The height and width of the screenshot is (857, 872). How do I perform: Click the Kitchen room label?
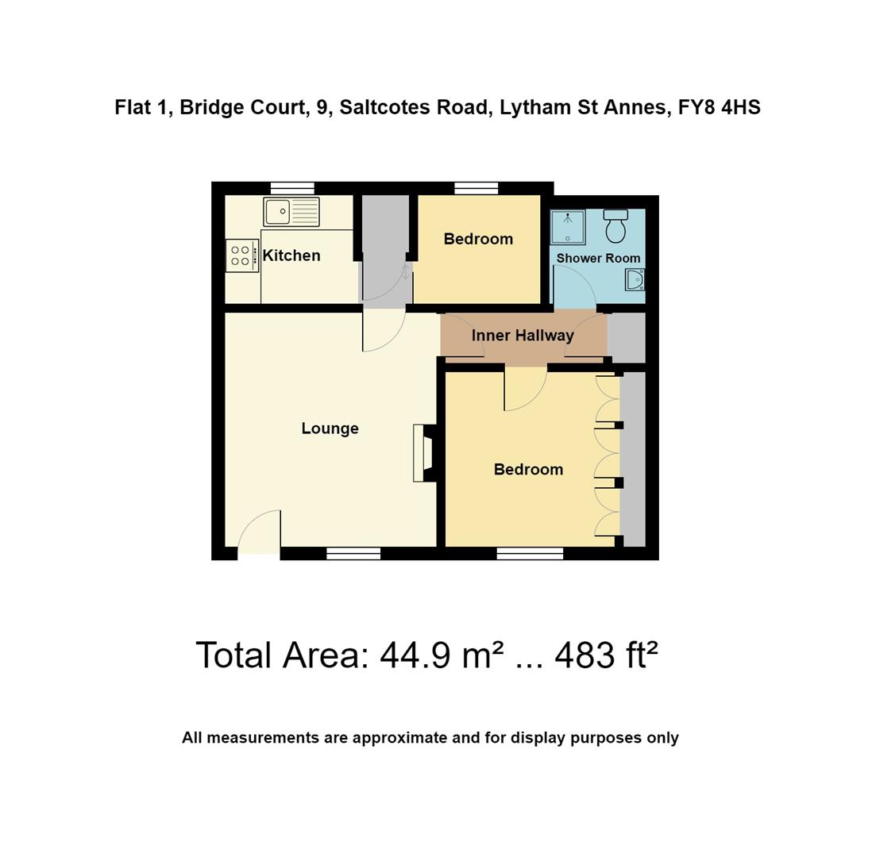coord(291,256)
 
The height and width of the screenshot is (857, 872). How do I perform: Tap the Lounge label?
coord(330,428)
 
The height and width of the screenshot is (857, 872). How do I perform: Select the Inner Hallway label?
coord(523,336)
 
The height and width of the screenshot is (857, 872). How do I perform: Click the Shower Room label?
coord(598,258)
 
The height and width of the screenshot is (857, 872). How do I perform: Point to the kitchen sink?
coord(291,212)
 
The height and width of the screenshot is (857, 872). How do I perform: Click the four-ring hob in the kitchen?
coord(241,256)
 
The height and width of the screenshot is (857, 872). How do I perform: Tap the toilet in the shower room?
coord(615,226)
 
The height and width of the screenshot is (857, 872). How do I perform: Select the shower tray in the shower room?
coord(568,227)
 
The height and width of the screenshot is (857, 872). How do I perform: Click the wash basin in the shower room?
coord(635,279)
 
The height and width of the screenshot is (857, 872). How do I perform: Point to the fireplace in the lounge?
coord(424,453)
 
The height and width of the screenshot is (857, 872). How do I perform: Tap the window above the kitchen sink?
coord(292,188)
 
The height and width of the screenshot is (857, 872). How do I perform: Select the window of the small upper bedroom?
coord(477,188)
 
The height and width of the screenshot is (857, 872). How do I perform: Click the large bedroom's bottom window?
coord(530,554)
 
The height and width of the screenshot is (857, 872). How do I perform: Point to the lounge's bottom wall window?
coord(353,554)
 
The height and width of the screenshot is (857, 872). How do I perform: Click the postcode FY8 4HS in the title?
coord(719,107)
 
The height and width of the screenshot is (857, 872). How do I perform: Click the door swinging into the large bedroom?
coord(524,389)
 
